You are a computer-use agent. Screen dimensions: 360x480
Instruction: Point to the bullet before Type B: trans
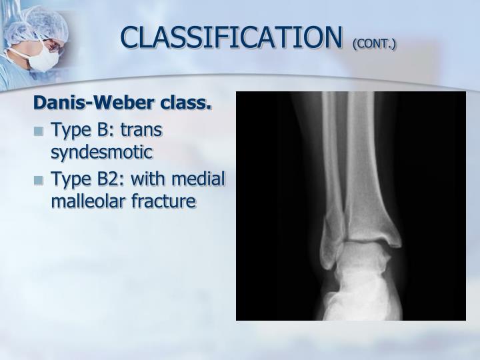click(x=39, y=130)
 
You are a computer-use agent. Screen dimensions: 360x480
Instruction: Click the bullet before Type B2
click(x=39, y=180)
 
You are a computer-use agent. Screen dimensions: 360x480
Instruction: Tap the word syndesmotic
click(x=102, y=152)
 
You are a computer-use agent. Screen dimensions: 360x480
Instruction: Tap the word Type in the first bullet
click(x=68, y=129)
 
